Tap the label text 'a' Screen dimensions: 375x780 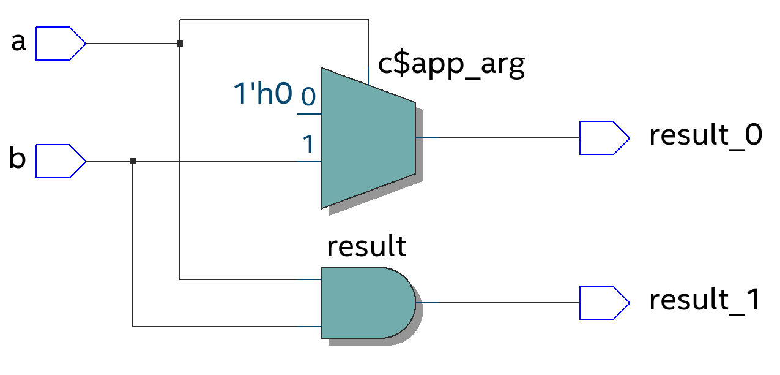click(19, 43)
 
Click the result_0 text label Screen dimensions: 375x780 click(705, 136)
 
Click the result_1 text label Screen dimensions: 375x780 click(705, 301)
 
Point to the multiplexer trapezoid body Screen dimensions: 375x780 click(367, 138)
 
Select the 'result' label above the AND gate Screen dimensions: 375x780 click(366, 246)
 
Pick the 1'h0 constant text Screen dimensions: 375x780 click(262, 94)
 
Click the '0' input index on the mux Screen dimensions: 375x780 click(308, 96)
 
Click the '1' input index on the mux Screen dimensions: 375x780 click(308, 144)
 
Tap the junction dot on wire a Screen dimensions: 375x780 click(179, 44)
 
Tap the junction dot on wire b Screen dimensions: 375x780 click(133, 161)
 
